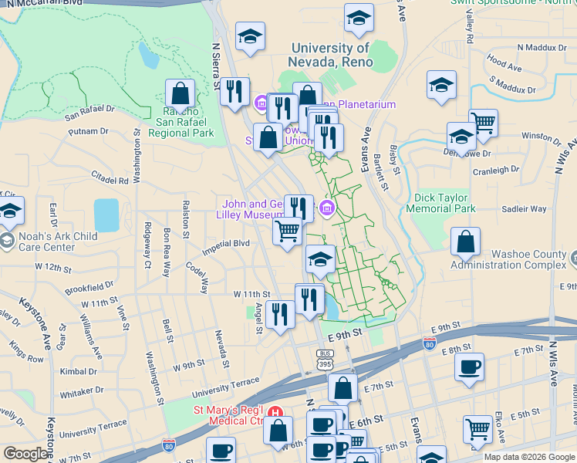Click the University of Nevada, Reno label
tap(329, 55)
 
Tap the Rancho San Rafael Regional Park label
tap(180, 120)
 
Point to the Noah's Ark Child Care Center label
tap(54, 242)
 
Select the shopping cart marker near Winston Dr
tap(482, 123)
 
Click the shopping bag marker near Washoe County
tap(466, 242)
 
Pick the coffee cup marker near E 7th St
tap(469, 367)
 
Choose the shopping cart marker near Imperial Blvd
tap(287, 230)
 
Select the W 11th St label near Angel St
tap(252, 294)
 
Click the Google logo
tap(26, 454)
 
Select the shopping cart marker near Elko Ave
tap(478, 428)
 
